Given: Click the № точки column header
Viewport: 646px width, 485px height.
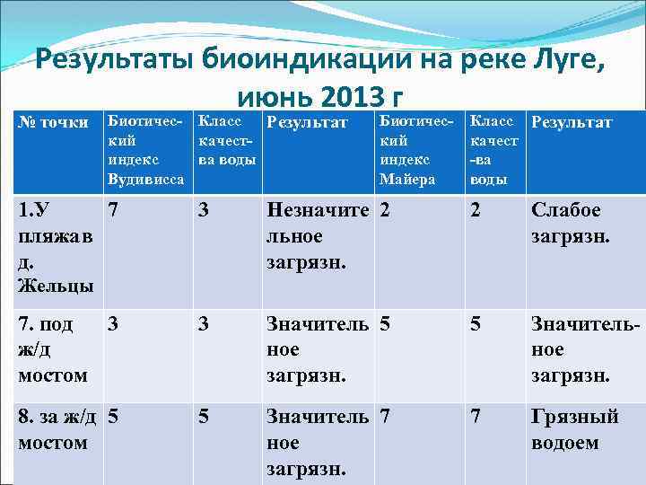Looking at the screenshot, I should tap(53, 122).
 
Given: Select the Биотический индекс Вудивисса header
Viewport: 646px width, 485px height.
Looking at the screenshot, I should tap(144, 150).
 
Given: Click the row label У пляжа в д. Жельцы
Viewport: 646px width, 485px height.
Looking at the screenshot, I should tap(54, 247).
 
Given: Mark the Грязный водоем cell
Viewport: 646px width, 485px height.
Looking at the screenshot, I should tap(575, 429).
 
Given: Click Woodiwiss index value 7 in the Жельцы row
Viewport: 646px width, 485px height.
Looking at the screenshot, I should tap(113, 210).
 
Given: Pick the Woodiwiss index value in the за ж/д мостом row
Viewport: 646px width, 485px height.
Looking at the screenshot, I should tap(113, 417).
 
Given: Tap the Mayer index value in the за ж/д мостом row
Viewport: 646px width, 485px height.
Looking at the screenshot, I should tap(385, 417).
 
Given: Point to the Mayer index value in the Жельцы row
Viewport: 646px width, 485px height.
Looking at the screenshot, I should tap(385, 210).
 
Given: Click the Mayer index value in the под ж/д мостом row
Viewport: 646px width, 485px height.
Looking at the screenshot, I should tap(385, 322).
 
